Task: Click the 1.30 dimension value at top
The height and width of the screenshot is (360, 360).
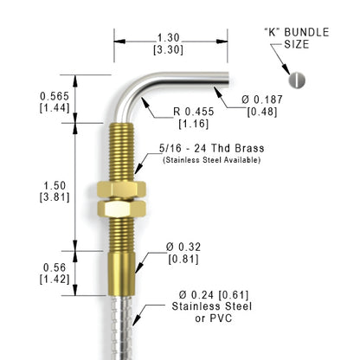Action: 169,38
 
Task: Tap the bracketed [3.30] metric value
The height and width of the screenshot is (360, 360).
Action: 169,49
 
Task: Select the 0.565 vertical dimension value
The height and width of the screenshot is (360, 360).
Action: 55,96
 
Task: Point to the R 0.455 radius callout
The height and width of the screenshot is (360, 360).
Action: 194,112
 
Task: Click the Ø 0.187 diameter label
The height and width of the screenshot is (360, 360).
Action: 262,100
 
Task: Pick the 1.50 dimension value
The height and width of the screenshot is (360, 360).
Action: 55,185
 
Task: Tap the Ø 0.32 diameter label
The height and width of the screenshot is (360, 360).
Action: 183,247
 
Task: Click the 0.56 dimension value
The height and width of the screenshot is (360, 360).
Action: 55,267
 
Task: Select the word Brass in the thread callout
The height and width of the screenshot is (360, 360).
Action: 249,148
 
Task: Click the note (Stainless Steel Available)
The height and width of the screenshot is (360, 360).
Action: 212,160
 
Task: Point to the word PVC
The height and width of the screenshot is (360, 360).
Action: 221,318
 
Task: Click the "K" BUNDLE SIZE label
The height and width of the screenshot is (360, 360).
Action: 297,38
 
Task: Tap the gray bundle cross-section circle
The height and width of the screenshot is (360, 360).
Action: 297,80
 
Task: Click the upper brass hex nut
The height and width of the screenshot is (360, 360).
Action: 121,189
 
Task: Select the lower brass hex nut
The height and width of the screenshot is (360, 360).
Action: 121,209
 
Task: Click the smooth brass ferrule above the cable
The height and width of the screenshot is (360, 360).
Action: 121,273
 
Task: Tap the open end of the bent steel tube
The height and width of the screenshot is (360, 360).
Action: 228,80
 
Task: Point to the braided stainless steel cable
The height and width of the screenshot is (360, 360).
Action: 122,328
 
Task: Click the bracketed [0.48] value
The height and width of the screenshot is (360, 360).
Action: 262,112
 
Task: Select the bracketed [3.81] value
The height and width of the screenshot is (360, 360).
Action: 55,197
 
